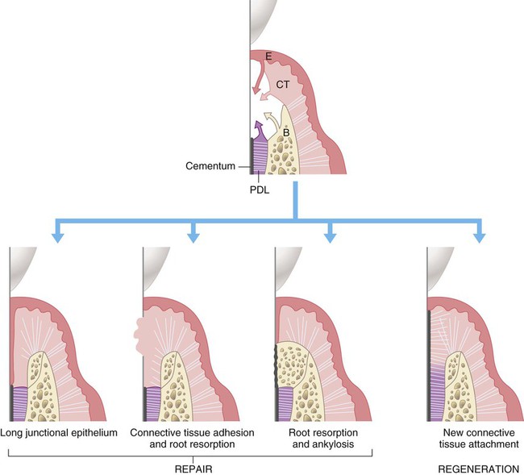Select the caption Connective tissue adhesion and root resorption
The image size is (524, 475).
[192, 438]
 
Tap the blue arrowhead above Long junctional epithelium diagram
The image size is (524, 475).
[56, 236]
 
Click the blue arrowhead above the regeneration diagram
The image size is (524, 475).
[480, 236]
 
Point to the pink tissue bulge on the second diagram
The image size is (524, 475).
[138, 330]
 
